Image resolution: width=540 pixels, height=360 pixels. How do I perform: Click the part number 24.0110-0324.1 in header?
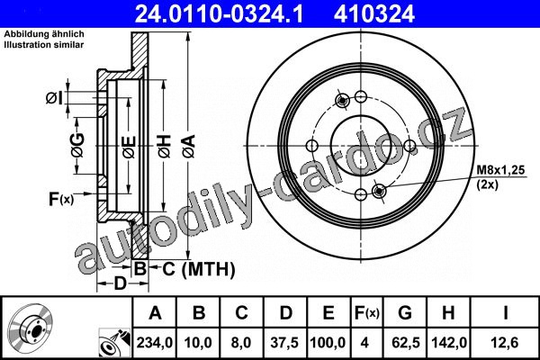point(220,14)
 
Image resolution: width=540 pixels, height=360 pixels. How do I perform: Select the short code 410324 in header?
point(374,14)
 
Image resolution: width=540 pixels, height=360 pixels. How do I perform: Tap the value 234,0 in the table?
point(155,343)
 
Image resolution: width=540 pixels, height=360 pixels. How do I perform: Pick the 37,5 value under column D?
point(284,343)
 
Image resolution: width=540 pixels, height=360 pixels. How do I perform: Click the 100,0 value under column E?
point(328,343)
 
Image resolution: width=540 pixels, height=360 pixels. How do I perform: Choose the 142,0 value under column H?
point(449,343)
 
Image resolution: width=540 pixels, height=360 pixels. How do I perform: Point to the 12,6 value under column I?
point(505,343)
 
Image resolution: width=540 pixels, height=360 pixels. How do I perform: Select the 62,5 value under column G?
point(406,343)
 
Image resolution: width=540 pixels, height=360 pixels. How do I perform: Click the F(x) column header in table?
point(367,313)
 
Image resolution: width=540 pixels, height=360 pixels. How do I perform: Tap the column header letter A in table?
point(156,313)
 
